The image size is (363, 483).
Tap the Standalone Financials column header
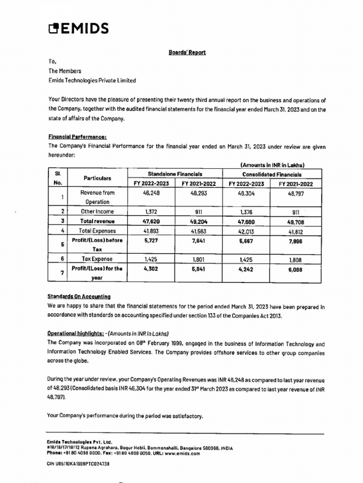pyautogui.click(x=175, y=174)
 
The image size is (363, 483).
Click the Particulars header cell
pyautogui.click(x=97, y=178)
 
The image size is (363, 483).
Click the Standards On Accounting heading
pyautogui.click(x=79, y=297)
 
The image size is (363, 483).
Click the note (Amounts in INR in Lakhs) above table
pyautogui.click(x=272, y=165)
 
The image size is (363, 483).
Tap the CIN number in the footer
pyautogui.click(x=78, y=464)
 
